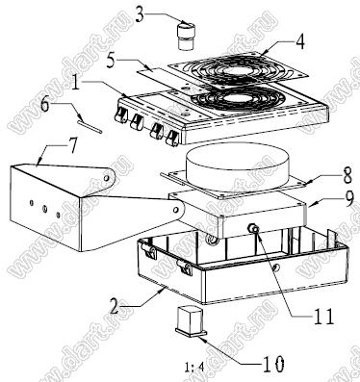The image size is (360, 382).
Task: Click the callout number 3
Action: [140, 15]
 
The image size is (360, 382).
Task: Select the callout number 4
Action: [299, 41]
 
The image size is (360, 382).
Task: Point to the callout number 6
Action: [44, 104]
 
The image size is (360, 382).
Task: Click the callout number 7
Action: [73, 145]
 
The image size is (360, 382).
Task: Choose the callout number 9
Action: [347, 198]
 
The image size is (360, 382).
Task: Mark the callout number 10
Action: [273, 364]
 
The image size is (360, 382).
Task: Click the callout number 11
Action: [323, 317]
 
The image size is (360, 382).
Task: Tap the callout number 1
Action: [76, 84]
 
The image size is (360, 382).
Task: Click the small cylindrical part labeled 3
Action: [186, 36]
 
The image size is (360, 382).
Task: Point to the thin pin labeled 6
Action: [90, 126]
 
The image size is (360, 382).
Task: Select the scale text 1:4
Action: [194, 367]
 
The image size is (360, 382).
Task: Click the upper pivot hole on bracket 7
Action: [107, 177]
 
